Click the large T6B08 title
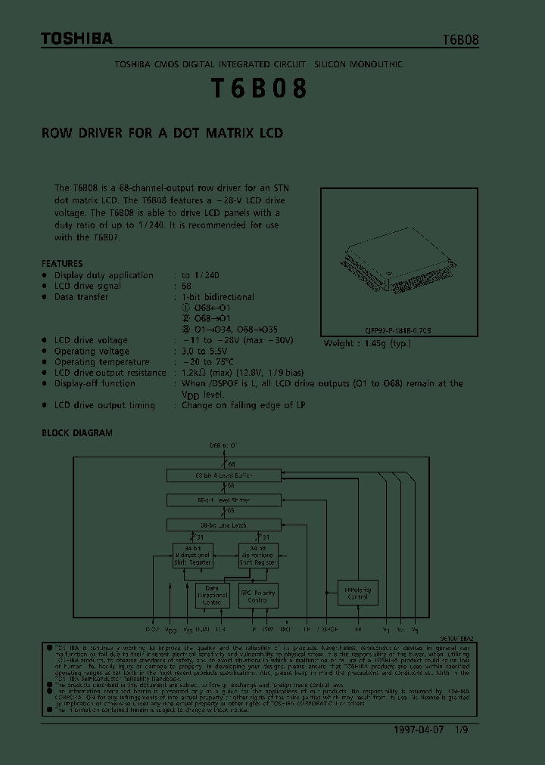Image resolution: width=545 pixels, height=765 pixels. [x=258, y=89]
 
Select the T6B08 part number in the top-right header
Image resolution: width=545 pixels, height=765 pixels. [x=460, y=41]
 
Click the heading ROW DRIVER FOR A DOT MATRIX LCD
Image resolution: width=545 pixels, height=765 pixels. [x=162, y=133]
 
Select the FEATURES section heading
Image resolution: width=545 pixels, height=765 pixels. [x=62, y=264]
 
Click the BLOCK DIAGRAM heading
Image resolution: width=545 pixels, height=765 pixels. [x=76, y=433]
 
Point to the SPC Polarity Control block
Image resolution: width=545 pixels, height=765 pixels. [x=259, y=594]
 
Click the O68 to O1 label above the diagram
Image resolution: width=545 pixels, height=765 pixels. [x=223, y=446]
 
